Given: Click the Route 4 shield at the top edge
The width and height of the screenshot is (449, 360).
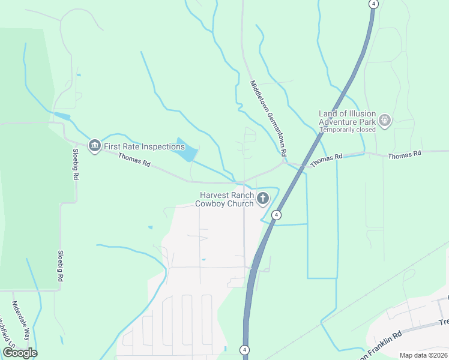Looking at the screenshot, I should [374, 4].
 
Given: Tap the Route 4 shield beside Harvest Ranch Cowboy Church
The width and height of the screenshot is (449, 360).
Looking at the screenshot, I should [276, 214].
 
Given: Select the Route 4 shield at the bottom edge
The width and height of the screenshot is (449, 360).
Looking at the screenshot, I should [244, 350].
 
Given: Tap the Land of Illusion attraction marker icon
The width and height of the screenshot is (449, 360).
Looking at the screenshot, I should [385, 121].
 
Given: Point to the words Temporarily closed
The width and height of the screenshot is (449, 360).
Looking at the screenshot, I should [347, 129].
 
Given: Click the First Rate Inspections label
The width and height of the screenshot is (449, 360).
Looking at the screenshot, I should [144, 146].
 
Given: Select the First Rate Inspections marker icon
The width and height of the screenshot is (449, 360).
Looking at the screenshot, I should [94, 146].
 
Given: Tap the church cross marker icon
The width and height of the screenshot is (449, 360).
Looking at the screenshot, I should [263, 199].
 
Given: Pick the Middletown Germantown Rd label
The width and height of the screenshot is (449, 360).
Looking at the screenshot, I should [268, 118].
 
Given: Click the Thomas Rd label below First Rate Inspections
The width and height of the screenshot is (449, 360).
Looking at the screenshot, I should [134, 160].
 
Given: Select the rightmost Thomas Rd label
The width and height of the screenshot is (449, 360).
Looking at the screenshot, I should [405, 155].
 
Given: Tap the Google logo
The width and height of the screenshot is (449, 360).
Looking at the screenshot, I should [20, 352].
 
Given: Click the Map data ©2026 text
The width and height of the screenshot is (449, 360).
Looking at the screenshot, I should [423, 355].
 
